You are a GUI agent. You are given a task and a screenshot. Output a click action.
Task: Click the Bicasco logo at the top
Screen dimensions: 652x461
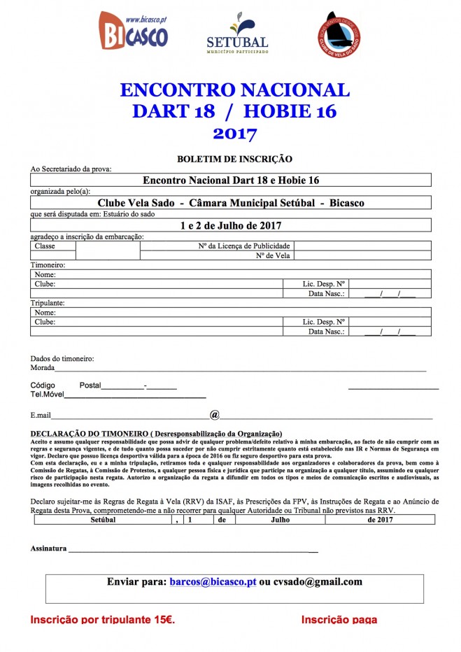(132, 31)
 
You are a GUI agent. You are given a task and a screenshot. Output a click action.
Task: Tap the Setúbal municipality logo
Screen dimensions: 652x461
(237, 34)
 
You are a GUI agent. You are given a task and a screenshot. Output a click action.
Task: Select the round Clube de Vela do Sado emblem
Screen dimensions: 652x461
(339, 33)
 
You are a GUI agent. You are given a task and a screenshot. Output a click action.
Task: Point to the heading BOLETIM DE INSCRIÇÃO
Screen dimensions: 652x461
(234, 159)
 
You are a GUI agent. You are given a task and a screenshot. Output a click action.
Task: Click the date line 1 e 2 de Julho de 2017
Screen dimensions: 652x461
(230, 225)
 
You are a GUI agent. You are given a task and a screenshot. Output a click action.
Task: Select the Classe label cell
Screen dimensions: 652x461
(45, 246)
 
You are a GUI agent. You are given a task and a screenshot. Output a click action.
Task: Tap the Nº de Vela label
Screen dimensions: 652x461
(273, 256)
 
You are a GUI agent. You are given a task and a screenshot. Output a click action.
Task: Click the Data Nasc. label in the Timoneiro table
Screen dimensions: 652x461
(327, 294)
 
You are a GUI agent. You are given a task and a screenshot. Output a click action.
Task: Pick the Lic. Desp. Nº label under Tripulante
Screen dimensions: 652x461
(324, 323)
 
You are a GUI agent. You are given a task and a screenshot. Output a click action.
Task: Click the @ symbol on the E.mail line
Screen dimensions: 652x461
(215, 414)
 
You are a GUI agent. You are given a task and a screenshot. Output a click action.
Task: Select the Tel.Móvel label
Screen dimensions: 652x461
(47, 395)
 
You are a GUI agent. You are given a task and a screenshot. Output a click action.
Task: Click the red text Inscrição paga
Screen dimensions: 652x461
(339, 620)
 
